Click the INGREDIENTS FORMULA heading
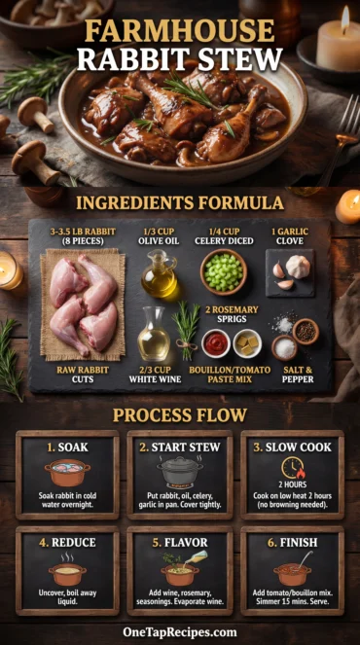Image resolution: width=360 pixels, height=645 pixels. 179,202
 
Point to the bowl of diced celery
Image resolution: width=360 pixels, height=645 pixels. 223,271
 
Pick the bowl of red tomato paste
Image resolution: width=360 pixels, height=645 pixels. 216,342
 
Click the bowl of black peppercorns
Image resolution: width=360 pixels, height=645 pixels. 305,331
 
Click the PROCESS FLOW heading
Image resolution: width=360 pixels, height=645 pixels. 179,414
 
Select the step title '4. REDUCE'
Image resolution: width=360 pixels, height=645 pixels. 67,542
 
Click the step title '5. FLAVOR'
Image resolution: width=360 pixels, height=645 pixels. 180,542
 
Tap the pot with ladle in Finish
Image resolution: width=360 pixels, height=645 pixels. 292,572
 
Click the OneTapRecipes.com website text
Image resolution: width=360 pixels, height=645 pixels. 179,631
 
